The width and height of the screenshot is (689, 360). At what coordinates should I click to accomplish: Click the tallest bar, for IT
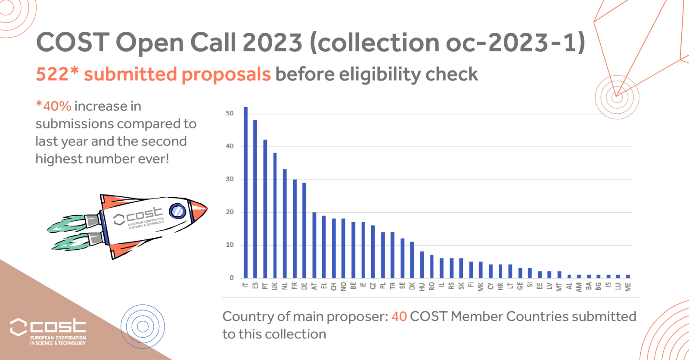point(246,192)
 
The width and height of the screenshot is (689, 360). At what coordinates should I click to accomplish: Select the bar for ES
point(255,199)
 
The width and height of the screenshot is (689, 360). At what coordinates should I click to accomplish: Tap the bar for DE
point(304,230)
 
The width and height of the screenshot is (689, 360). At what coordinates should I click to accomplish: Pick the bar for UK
point(275,215)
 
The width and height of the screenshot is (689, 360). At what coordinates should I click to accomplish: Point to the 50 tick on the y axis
point(230,113)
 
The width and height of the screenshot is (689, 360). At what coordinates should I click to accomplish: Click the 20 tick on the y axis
point(230,212)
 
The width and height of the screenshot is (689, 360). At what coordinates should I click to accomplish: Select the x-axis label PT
point(265,286)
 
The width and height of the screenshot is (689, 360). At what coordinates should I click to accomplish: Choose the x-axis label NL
point(285,286)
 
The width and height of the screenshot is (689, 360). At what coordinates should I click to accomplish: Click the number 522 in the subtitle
point(52,74)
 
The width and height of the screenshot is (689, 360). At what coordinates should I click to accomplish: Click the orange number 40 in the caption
point(399,317)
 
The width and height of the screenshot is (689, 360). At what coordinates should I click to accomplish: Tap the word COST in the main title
point(73,43)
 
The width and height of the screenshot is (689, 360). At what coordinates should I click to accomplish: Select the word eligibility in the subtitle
point(380,74)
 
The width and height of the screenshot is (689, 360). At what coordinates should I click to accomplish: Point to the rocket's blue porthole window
point(177,211)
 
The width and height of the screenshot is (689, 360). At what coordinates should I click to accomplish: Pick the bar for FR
point(295,228)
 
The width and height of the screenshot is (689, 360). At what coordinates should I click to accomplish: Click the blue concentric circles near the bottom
point(143,326)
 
